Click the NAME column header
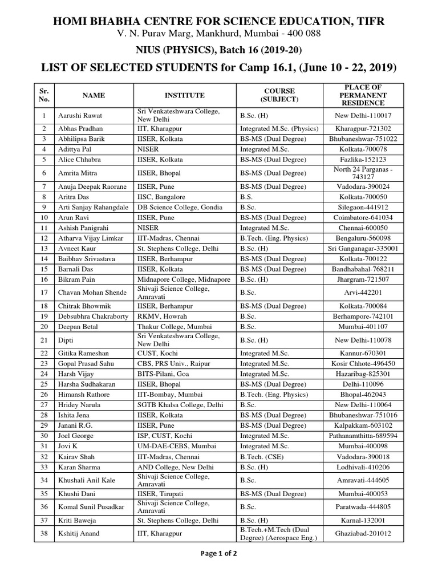[x=94, y=95]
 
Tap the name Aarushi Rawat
[x=80, y=116]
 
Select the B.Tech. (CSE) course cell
[x=262, y=456]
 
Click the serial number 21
[x=44, y=340]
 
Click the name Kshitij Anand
[x=79, y=534]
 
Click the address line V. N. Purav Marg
[x=218, y=34]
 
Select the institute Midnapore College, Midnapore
[x=184, y=279]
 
